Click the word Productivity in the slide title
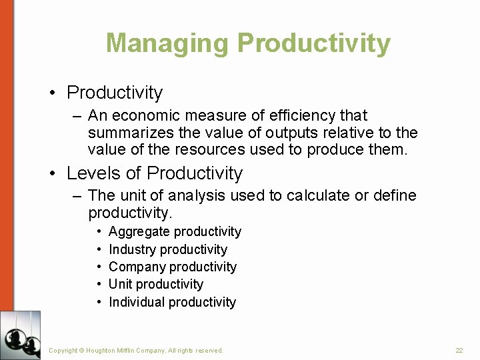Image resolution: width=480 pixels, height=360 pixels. point(313,43)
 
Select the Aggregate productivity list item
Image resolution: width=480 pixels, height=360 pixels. point(175,231)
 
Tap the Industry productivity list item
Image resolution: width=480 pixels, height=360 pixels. point(167,249)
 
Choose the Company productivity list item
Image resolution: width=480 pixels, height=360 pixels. point(172,267)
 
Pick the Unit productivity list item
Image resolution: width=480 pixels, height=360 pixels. point(155,284)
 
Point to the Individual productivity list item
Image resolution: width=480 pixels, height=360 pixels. point(172,302)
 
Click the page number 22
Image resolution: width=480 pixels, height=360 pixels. point(459,350)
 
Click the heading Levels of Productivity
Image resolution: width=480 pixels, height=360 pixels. point(155,173)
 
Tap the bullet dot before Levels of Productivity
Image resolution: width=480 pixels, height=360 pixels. point(53,174)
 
